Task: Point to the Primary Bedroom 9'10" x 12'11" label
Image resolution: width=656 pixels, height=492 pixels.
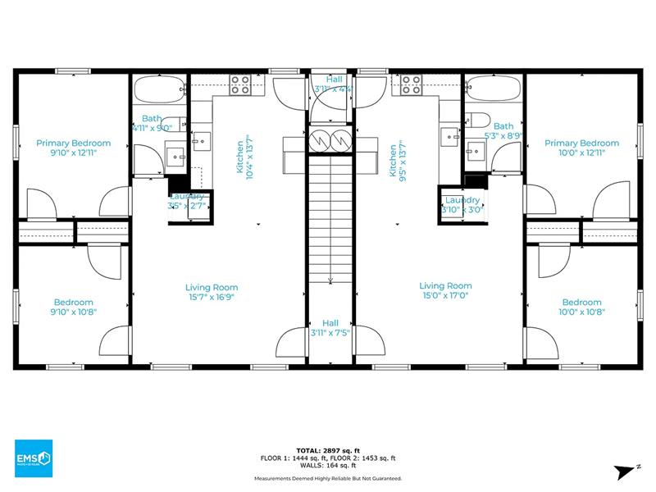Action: click(x=74, y=148)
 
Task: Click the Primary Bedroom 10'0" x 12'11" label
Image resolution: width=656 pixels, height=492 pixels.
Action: click(x=582, y=148)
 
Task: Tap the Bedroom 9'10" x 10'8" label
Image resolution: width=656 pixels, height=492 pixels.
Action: click(x=74, y=307)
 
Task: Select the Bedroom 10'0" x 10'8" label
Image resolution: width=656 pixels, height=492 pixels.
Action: click(x=582, y=307)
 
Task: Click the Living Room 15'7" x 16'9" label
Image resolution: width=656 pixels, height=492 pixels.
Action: click(x=212, y=292)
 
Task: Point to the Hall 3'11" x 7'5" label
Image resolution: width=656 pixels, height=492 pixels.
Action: click(x=330, y=328)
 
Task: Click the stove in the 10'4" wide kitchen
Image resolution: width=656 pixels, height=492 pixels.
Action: click(x=240, y=84)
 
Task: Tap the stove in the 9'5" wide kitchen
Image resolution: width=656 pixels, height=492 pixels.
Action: click(x=412, y=84)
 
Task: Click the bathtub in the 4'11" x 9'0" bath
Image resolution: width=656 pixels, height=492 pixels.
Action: click(x=159, y=89)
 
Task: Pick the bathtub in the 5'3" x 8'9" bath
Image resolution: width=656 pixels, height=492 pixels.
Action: click(x=494, y=89)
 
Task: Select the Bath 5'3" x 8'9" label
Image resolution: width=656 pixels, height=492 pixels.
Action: click(x=503, y=131)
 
